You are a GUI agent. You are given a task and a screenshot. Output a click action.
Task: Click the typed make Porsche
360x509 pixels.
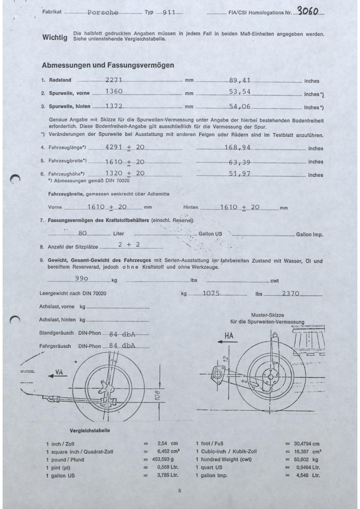(103, 13)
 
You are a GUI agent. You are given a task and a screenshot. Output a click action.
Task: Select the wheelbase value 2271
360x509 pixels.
(114, 80)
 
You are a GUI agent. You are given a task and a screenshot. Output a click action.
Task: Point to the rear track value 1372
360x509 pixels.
(114, 106)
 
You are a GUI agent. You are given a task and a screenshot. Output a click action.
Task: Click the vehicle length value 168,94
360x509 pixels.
(237, 147)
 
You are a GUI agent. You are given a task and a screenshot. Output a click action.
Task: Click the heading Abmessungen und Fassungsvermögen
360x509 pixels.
(108, 65)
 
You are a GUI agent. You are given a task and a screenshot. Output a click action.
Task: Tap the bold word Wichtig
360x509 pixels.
(55, 37)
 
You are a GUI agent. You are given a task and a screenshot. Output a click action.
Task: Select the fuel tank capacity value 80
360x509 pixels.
(82, 233)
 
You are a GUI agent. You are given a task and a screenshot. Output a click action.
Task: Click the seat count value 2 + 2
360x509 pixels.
(129, 245)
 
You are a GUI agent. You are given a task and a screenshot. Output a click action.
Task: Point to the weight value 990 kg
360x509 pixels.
(82, 278)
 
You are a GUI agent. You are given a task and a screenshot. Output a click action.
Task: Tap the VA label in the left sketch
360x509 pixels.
(59, 373)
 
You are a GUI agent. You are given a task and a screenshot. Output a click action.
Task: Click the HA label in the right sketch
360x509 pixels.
(229, 336)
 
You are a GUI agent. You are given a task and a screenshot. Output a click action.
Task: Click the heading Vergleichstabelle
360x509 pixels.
(90, 430)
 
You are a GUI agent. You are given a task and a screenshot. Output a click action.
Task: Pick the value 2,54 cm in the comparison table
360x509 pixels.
(167, 443)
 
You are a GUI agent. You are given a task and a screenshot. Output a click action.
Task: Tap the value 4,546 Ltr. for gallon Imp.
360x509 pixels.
(308, 475)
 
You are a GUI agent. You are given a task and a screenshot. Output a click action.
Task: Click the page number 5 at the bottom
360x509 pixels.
(180, 491)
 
